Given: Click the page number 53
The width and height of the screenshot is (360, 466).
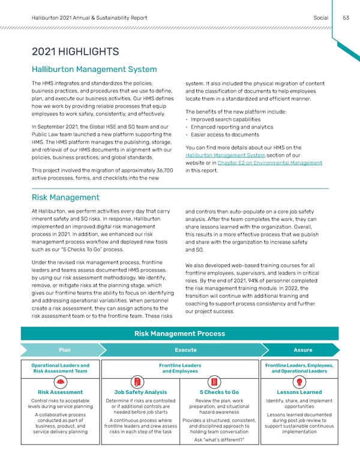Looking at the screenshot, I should [x=346, y=17].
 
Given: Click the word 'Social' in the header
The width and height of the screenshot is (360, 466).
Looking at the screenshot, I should [x=320, y=17].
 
